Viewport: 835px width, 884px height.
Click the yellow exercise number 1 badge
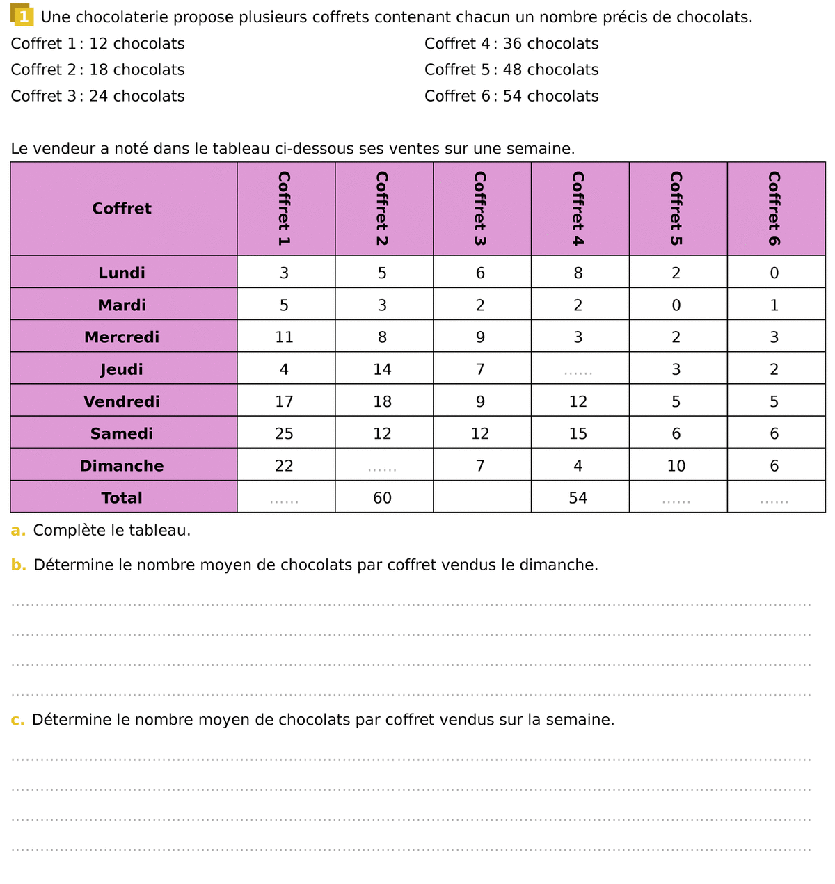22,16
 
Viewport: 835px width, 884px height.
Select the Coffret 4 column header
578,209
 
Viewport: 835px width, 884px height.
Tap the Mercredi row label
122,337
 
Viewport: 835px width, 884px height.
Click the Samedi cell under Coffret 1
284,434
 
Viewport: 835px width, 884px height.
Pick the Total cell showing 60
382,498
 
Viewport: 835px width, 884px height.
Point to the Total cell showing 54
578,498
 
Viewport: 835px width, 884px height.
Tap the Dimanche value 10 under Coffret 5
676,466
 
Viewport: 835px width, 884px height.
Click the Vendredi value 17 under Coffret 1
284,402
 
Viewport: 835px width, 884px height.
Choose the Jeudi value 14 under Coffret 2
382,370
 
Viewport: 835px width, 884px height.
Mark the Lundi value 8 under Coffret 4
578,273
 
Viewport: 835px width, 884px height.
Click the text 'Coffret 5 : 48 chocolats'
511,70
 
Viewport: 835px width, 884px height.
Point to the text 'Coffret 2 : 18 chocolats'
98,70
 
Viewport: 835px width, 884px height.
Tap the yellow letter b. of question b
18,565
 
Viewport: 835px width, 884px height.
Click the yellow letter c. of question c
17,720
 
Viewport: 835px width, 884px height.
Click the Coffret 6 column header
774,209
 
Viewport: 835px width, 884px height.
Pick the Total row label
122,498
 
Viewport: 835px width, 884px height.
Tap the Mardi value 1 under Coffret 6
774,305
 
